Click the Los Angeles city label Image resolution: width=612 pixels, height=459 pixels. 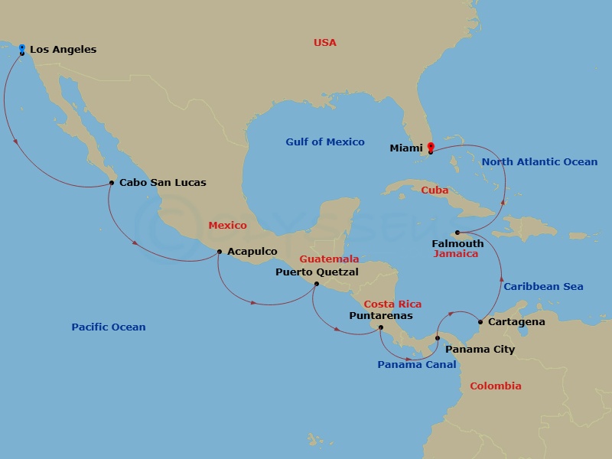(63, 50)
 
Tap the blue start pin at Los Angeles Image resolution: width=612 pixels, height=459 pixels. (21, 47)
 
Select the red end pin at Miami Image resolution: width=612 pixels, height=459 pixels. (430, 147)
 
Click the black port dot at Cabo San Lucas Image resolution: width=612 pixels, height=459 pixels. (112, 182)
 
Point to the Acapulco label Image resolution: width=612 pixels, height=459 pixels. (252, 252)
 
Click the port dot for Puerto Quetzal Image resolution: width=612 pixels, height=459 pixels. (317, 284)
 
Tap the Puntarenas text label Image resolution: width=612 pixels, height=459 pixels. (380, 315)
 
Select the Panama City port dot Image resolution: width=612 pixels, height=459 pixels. (438, 337)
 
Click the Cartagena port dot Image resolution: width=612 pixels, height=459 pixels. (480, 321)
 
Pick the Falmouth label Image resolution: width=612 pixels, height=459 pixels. (458, 243)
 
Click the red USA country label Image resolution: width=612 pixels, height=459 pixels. (324, 43)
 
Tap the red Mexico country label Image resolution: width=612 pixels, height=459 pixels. (227, 226)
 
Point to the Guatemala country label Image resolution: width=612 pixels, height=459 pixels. (329, 259)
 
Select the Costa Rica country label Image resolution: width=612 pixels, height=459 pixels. (392, 304)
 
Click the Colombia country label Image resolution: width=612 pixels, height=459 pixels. (495, 386)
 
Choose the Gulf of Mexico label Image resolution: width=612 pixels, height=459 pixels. (325, 142)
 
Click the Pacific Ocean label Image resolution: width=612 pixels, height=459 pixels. (108, 327)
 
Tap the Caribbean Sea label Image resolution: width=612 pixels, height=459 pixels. (543, 287)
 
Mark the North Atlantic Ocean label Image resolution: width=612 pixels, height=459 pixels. (539, 162)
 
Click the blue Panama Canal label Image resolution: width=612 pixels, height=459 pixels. (416, 365)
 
